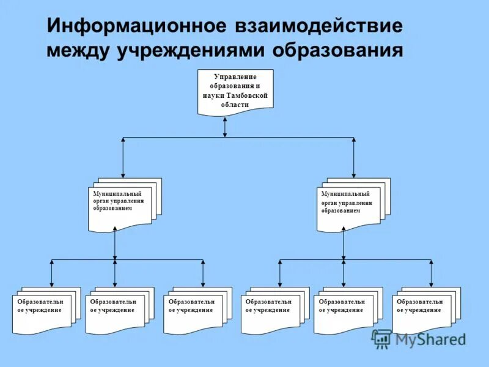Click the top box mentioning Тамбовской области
click(235, 91)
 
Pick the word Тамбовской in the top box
click(246, 96)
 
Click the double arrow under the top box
click(225, 126)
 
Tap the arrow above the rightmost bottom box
click(431, 273)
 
